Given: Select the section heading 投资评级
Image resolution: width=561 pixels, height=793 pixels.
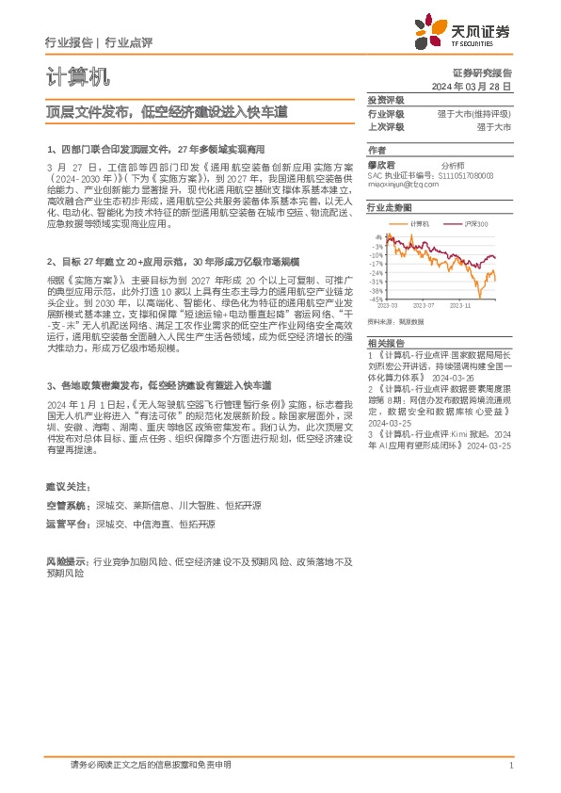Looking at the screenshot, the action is (385, 100).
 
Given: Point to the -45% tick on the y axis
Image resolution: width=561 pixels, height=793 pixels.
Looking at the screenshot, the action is (376, 299).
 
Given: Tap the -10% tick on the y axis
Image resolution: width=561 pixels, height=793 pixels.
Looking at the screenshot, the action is (376, 254).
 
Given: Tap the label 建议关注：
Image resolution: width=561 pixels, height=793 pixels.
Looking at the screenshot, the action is (69, 486).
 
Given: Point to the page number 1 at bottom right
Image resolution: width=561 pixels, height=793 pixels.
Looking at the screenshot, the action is (509, 767).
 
